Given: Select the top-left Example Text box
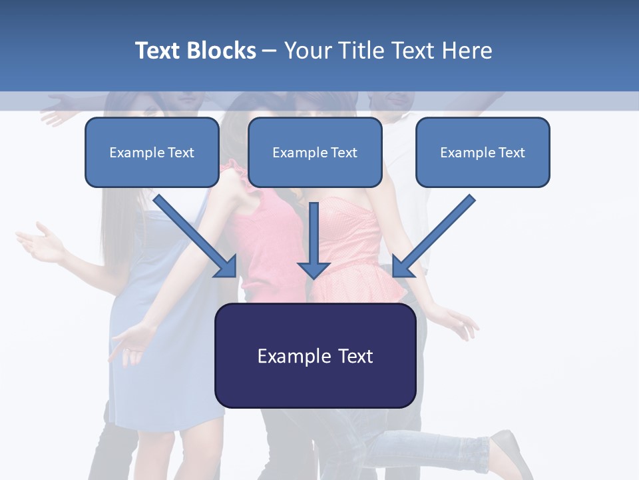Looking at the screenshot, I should point(152,153).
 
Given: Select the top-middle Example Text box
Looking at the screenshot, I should point(315,153).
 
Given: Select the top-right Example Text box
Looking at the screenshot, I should point(483,153).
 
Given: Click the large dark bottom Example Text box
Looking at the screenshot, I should point(315,356).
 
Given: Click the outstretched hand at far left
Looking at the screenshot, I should point(40,243).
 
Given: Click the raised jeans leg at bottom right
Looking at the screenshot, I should point(426,443).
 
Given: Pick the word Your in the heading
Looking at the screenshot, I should point(308,51).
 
